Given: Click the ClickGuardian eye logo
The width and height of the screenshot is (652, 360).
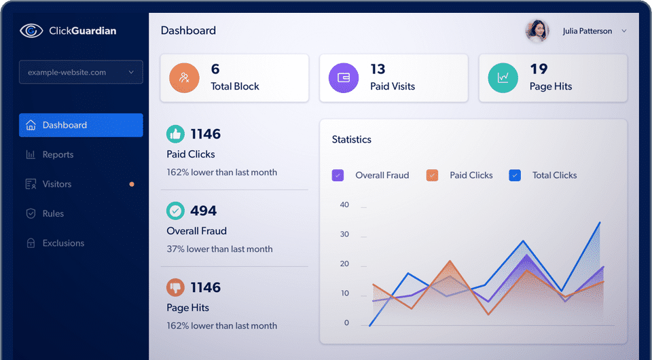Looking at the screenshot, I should (x=31, y=30).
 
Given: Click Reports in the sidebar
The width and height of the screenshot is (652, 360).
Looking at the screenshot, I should (x=58, y=155).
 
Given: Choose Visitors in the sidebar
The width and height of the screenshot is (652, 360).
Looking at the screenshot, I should (x=56, y=184).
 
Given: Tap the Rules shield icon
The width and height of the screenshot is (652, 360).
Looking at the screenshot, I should (x=31, y=214).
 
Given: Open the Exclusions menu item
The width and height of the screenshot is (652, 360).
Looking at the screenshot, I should (x=62, y=243).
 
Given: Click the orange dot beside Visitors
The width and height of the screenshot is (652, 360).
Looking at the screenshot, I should (x=132, y=184).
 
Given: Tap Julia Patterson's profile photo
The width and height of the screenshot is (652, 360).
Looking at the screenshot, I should (x=537, y=31).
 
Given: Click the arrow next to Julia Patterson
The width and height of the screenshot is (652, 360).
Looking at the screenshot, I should (x=624, y=31).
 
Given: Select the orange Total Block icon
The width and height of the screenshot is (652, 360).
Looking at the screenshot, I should (x=184, y=77).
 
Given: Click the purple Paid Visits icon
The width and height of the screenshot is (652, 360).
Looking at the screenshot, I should (x=344, y=77).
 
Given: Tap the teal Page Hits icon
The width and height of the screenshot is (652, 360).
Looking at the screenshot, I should (x=503, y=77).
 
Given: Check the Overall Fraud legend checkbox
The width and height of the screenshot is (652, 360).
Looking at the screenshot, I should (x=338, y=175).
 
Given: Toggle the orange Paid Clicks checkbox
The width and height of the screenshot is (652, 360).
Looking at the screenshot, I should (x=432, y=175).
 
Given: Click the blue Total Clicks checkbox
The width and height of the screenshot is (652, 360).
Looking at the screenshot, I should (x=515, y=175).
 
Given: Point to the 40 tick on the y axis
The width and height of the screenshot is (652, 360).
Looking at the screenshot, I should (x=344, y=205).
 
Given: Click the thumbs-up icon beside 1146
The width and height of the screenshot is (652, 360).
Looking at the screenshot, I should (x=175, y=134).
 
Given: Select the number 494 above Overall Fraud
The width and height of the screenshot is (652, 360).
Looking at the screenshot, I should (x=203, y=211).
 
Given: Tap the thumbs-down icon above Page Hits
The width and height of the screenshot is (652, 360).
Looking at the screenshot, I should (x=175, y=287).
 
